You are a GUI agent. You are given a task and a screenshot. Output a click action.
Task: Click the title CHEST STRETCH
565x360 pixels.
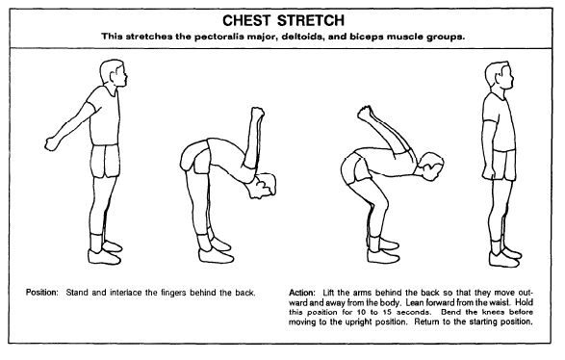click(282, 18)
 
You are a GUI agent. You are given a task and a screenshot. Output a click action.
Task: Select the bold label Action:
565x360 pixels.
click(303, 292)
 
